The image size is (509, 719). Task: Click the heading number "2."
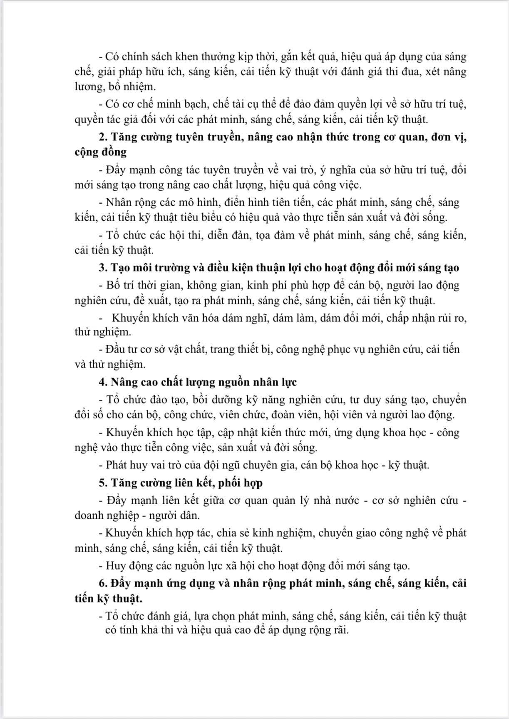pyautogui.click(x=103, y=137)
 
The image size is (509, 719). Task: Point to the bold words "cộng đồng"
pyautogui.click(x=100, y=152)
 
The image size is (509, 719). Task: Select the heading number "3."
pyautogui.click(x=103, y=267)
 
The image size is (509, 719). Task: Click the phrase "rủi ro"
pyautogui.click(x=451, y=318)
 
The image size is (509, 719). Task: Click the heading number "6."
pyautogui.click(x=103, y=583)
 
